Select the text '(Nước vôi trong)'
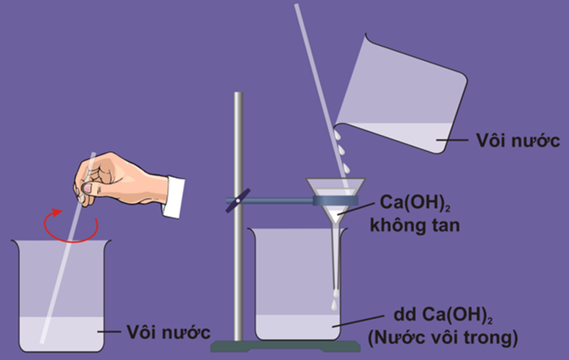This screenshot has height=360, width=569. [443, 338]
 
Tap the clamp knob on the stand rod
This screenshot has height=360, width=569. [237, 200]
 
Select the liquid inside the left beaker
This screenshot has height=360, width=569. [58, 332]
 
